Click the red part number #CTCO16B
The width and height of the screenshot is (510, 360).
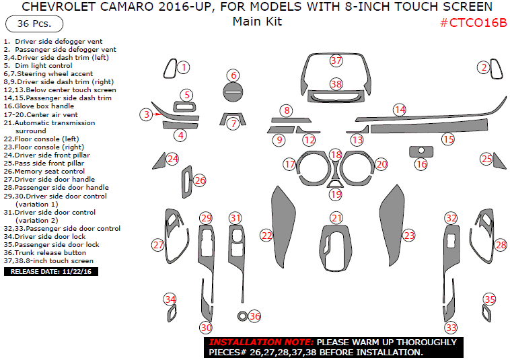click(x=473, y=23)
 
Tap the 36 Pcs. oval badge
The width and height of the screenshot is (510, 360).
click(x=34, y=24)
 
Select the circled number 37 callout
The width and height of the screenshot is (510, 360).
click(x=336, y=60)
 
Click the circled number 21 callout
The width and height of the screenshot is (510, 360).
click(x=336, y=218)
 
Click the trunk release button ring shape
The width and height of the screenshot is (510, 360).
click(x=242, y=316)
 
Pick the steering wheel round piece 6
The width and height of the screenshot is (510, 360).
click(x=233, y=92)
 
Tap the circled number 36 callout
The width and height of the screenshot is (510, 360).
click(x=254, y=316)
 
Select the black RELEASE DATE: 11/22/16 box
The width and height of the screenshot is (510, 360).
click(x=51, y=272)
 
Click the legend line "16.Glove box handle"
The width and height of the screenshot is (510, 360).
click(x=39, y=106)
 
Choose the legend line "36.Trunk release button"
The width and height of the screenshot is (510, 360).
click(x=45, y=253)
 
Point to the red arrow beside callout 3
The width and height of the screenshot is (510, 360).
click(x=158, y=114)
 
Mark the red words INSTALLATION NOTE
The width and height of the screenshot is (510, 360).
click(x=261, y=342)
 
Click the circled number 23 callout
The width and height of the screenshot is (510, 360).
click(x=409, y=235)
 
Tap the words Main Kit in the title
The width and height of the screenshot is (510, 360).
click(x=257, y=22)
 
